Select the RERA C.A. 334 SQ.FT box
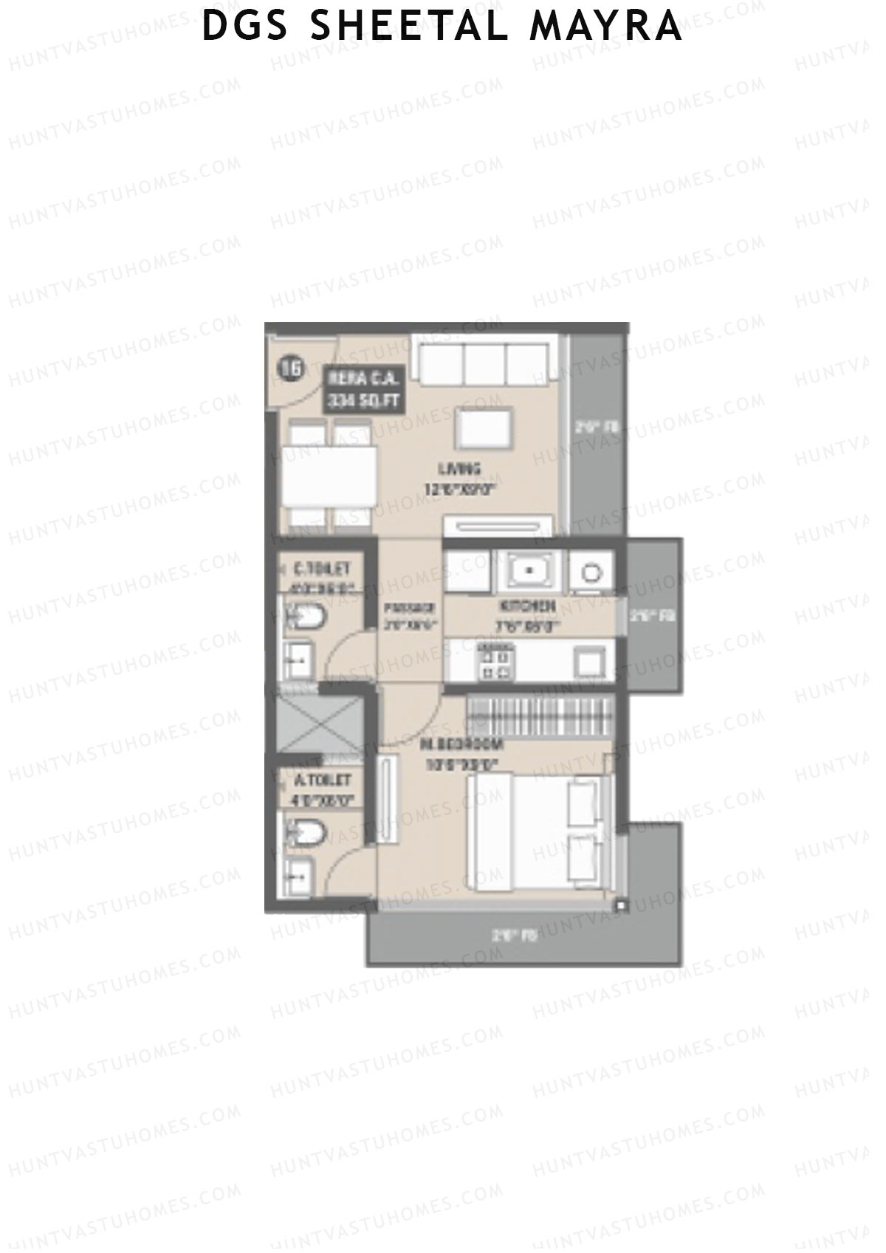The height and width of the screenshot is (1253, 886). coord(364,391)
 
